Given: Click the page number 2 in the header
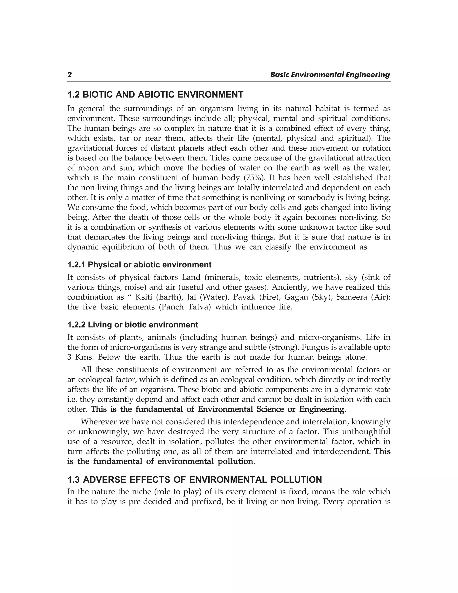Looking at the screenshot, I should point(70,75).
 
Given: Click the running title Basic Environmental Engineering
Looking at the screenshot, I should point(330,75).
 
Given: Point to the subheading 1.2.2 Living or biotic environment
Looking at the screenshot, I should point(132,325).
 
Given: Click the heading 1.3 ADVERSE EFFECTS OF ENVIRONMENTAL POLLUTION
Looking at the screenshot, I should point(194,480).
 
